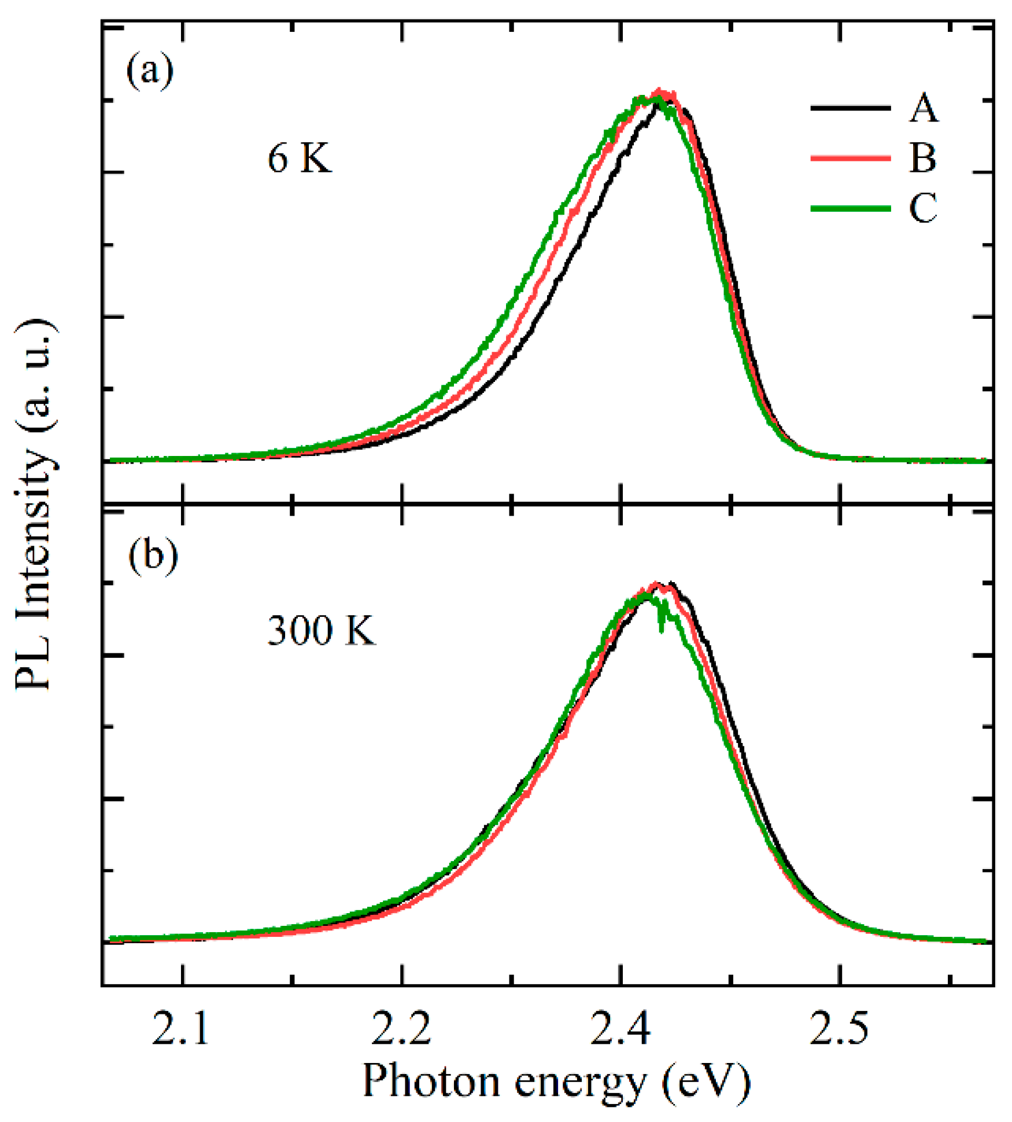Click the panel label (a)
(x=150, y=71)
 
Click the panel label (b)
(x=153, y=556)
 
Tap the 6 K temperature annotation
(x=300, y=159)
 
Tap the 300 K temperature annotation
(x=321, y=630)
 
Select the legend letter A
(x=923, y=108)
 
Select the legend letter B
(x=923, y=157)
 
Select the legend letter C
(x=923, y=207)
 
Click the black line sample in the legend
(x=850, y=108)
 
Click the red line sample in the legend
(x=850, y=158)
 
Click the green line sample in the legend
(x=850, y=208)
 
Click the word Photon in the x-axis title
(x=431, y=1081)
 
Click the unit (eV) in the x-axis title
(x=706, y=1080)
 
